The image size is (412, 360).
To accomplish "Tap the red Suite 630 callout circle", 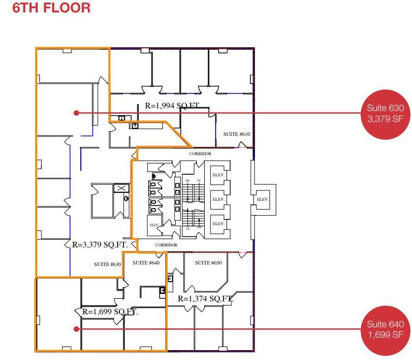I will [385, 113].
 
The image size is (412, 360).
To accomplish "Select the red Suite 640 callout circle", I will [385, 329].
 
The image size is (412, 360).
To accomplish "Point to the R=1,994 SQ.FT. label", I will [172, 106].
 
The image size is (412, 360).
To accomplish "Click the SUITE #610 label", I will [236, 134].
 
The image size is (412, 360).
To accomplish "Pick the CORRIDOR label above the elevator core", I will [200, 154].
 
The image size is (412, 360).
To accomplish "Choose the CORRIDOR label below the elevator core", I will [166, 245].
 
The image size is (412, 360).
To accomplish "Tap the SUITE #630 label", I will [107, 265].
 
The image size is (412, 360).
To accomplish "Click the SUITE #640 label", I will [146, 263].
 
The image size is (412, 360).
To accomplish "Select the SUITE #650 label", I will [208, 263].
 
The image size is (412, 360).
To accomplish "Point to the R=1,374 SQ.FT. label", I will [205, 299].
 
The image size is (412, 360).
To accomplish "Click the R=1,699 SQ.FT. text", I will [110, 312].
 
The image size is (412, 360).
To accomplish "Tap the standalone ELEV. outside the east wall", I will [262, 199].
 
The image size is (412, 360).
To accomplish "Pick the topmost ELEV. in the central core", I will [218, 175].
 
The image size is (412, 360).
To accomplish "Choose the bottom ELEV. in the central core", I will [218, 224].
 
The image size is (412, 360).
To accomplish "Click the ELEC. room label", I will [154, 225].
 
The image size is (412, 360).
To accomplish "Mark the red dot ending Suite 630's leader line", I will [76, 113].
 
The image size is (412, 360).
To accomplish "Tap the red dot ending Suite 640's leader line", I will [76, 329].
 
